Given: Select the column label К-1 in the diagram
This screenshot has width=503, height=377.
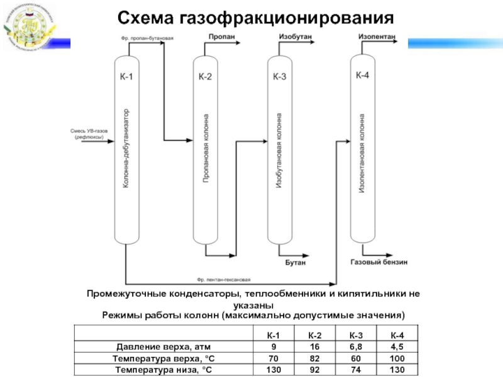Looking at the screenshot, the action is pyautogui.click(x=126, y=77).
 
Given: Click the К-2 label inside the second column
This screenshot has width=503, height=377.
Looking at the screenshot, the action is pyautogui.click(x=204, y=77).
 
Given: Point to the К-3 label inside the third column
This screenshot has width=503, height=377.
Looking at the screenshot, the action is pyautogui.click(x=279, y=77).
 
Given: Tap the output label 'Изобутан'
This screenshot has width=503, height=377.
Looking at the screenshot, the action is pyautogui.click(x=295, y=38).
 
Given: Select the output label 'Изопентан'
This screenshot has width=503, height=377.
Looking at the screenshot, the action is pyautogui.click(x=377, y=37).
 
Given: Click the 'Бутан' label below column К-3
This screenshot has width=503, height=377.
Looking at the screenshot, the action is pyautogui.click(x=295, y=262).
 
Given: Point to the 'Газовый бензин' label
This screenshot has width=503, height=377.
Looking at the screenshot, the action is pyautogui.click(x=379, y=261).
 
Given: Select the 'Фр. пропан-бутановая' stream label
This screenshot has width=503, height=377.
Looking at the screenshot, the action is pyautogui.click(x=146, y=38).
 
